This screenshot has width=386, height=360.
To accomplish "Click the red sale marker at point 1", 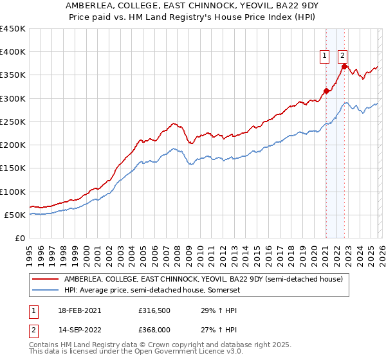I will click(x=326, y=91).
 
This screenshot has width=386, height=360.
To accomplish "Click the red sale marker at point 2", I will click(x=344, y=66).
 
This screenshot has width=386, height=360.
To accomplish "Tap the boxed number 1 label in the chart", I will click(x=325, y=56).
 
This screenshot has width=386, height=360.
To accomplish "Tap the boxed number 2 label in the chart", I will click(x=342, y=56).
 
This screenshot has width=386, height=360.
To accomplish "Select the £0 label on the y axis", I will click(x=21, y=238).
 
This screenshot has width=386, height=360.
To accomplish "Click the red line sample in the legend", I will click(x=46, y=279).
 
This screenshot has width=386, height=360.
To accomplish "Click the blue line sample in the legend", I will click(x=46, y=290).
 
